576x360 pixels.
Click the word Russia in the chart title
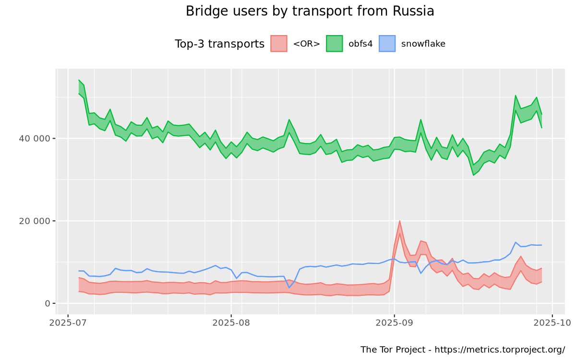coord(412,11)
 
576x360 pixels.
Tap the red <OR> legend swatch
coord(279,44)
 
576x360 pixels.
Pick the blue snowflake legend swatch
coord(387,44)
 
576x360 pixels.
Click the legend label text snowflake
coord(423,44)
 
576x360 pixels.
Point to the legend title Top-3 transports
coord(219,44)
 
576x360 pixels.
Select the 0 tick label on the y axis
coord(47,303)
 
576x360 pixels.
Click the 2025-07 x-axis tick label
coord(68,323)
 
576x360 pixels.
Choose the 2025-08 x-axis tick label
coord(231,323)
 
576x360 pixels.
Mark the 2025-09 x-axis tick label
coord(394,323)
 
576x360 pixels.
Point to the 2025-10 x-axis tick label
coord(552,323)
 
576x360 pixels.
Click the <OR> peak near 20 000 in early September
coord(399,221)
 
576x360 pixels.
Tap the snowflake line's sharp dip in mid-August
coord(289,287)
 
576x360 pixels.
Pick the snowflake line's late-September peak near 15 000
coord(516,242)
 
